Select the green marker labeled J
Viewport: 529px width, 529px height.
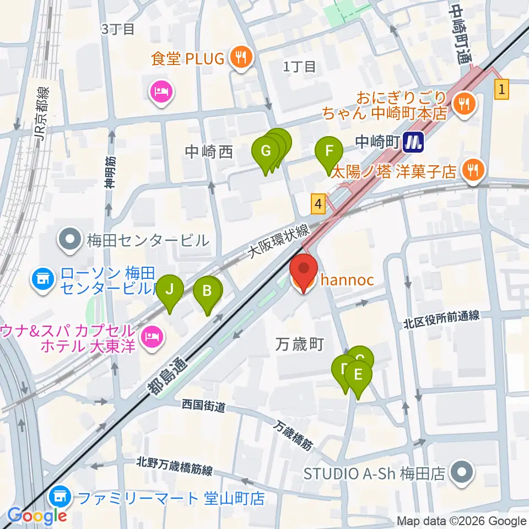[170, 290]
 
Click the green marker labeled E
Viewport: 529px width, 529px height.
[358, 376]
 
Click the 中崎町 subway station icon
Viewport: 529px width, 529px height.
[412, 143]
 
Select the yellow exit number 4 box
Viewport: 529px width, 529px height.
[317, 203]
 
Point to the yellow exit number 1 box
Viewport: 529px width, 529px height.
[501, 89]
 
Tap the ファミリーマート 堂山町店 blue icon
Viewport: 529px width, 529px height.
[58, 498]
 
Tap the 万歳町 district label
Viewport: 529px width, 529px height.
[299, 345]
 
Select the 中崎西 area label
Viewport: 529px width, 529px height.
[209, 152]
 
